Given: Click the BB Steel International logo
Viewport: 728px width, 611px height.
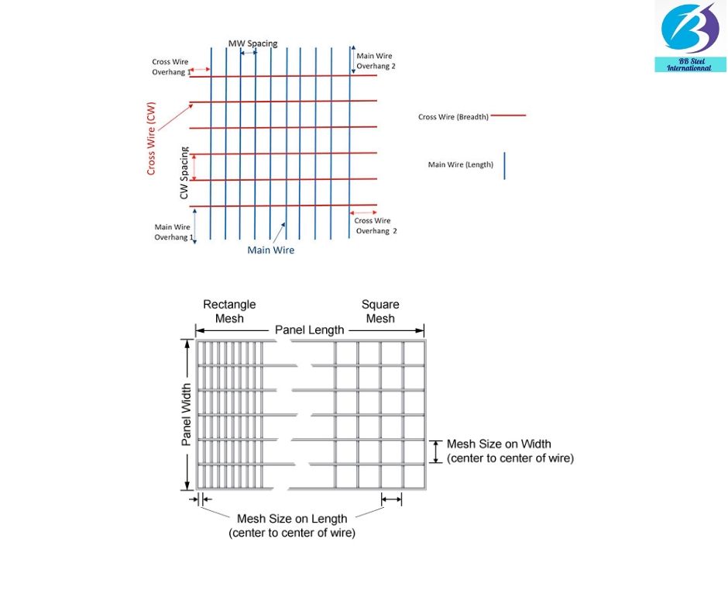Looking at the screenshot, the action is tap(690, 36).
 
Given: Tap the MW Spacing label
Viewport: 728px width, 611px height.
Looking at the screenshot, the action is tap(252, 43).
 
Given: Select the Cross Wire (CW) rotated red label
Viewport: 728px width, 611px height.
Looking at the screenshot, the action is tap(152, 138).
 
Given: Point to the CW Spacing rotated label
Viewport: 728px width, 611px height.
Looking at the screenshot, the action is tap(184, 172).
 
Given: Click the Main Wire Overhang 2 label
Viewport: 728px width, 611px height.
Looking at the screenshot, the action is tap(376, 61).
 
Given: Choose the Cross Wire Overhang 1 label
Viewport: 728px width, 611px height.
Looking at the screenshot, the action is tap(170, 67).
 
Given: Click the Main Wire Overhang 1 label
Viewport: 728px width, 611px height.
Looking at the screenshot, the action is tap(172, 232).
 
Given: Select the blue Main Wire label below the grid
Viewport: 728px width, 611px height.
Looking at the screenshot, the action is tap(270, 250).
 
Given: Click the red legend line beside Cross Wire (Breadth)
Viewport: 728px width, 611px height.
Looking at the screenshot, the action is tap(508, 116).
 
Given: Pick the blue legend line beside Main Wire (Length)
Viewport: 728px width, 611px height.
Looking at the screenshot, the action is tap(504, 165).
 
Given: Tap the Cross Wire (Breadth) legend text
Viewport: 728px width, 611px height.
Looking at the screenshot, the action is tap(453, 117).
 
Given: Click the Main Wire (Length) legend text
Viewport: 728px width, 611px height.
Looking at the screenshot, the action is tap(461, 164).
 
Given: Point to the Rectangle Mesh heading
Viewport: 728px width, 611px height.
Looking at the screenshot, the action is tap(229, 311).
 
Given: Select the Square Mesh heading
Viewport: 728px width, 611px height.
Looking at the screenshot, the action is tap(380, 311).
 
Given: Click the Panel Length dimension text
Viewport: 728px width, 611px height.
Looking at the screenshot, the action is tap(310, 330).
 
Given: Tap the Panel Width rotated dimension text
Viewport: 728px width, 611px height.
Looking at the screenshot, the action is tap(187, 415).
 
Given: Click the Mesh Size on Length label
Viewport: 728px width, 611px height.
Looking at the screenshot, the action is tap(292, 526).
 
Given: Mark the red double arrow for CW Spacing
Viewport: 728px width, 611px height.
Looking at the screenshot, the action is tap(194, 167).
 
